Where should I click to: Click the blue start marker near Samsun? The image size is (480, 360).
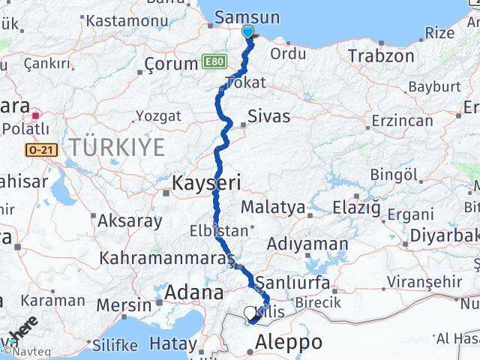point(247,31)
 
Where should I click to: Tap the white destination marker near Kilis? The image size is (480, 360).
point(250,312)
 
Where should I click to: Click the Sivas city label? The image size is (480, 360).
point(268,115)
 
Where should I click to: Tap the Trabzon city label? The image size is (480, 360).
point(381,55)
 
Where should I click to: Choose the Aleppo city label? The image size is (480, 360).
point(289,343)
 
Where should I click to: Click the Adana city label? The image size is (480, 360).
point(194,292)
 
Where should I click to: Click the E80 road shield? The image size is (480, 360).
point(216,62)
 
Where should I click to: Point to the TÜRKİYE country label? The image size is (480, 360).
point(116,146)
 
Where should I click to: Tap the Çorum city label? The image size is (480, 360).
point(170,64)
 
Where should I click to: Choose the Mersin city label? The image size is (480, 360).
point(124,305)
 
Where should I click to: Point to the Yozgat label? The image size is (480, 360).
point(158,116)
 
